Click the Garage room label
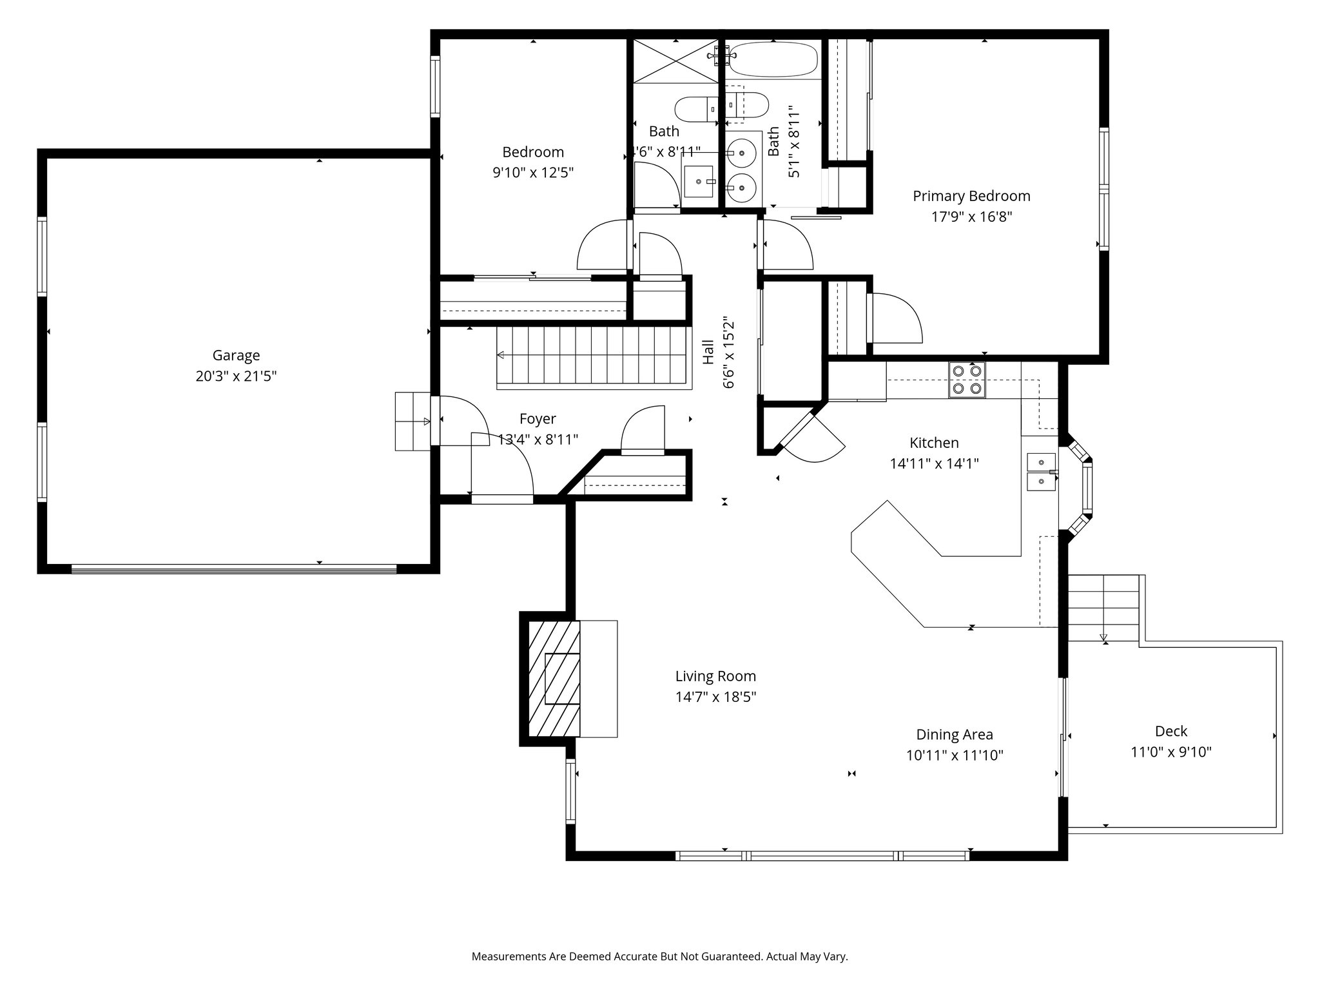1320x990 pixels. [x=236, y=355]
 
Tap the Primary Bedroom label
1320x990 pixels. [x=971, y=196]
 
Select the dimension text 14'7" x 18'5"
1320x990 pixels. [x=715, y=697]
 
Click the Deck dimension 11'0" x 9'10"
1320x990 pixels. [x=1171, y=752]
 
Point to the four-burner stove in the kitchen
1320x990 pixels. [x=967, y=380]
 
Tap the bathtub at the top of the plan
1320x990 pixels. [x=773, y=59]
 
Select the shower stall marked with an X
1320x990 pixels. [x=675, y=61]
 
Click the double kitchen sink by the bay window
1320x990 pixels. [x=1042, y=472]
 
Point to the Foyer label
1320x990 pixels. [x=538, y=419]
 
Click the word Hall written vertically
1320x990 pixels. [x=708, y=352]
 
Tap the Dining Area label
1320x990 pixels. [x=955, y=735]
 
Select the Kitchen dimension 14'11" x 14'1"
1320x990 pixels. [x=934, y=463]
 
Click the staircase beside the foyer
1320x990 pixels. [x=594, y=358]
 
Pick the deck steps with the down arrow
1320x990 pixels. [x=1104, y=608]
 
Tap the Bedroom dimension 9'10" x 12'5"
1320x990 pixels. [x=533, y=173]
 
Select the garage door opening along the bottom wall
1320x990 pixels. [x=233, y=568]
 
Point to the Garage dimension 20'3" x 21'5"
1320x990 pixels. [x=236, y=376]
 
